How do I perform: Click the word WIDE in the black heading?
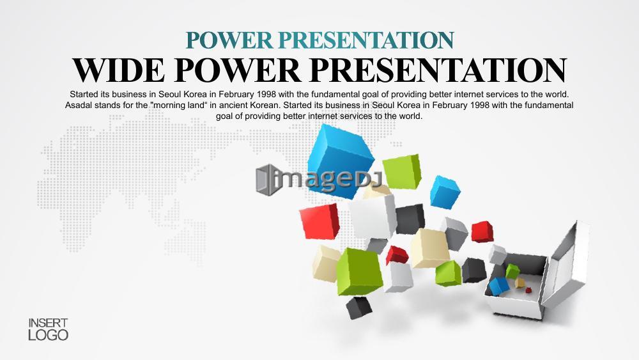[x=119, y=70]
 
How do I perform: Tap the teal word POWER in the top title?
[x=229, y=40]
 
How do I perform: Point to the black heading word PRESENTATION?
[x=438, y=70]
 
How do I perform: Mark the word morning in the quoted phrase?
[x=167, y=106]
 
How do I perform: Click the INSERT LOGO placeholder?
[x=48, y=329]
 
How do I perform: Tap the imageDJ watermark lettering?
[x=327, y=180]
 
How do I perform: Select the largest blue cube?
[x=341, y=161]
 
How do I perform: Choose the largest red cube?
[x=320, y=221]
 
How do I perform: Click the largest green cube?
[x=359, y=271]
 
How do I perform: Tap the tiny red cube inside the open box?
[x=528, y=290]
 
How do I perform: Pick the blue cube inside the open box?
[x=499, y=286]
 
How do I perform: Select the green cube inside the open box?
[x=512, y=271]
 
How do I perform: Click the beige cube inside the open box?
[x=520, y=283]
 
